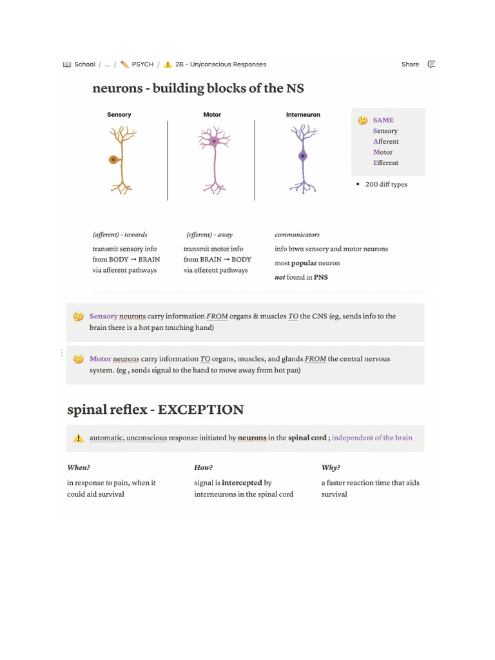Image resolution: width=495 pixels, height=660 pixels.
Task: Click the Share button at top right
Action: coord(410,64)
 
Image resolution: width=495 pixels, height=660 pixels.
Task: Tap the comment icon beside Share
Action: coord(432,64)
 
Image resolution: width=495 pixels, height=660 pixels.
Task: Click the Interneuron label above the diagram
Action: coord(303,115)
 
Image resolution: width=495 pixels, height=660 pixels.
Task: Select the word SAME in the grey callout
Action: coord(383,120)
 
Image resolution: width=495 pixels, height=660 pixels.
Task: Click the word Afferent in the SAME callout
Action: coord(385,142)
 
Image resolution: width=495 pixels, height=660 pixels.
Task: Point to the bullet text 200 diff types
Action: coord(386,184)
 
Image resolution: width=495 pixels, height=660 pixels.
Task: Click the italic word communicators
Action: coord(297,235)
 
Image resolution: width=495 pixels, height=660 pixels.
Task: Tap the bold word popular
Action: coord(304,263)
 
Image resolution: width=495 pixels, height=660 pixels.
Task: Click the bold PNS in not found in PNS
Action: coord(321,277)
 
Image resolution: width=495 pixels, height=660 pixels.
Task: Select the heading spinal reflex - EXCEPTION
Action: coord(155,410)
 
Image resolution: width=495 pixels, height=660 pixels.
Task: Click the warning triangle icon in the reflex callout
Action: coord(79,438)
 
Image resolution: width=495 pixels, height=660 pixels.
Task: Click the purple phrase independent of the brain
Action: coord(372,438)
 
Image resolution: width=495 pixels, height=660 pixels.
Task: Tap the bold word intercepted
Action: coord(242,483)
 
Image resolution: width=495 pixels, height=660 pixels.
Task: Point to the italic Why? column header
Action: coord(331,467)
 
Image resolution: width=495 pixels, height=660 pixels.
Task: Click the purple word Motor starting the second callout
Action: coord(101,359)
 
